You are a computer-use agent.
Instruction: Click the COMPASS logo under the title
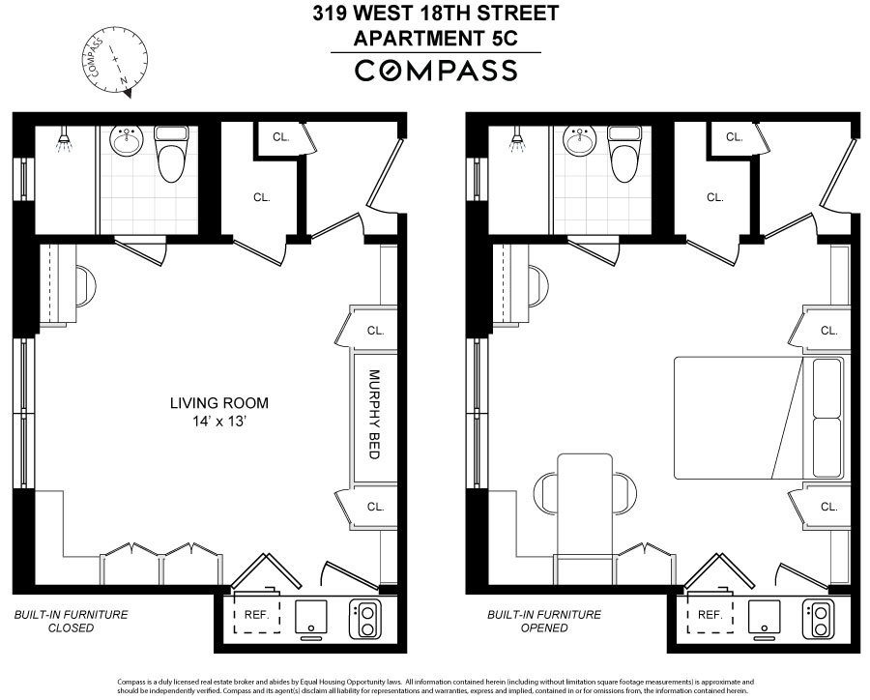point(436,71)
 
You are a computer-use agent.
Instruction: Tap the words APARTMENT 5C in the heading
point(435,39)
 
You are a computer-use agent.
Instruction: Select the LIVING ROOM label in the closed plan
point(218,403)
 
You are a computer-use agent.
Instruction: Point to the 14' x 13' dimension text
point(218,421)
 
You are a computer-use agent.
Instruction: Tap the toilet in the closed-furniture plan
point(170,156)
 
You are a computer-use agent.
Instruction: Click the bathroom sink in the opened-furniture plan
point(579,143)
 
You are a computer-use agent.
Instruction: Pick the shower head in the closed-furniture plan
point(64,142)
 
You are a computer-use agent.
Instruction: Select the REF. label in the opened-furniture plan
point(710,615)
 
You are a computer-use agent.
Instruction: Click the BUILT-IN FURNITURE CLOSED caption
point(71,621)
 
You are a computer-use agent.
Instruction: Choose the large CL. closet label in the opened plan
point(714,197)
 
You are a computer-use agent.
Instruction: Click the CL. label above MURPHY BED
point(375,330)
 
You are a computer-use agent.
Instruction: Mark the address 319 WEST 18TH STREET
point(435,15)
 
